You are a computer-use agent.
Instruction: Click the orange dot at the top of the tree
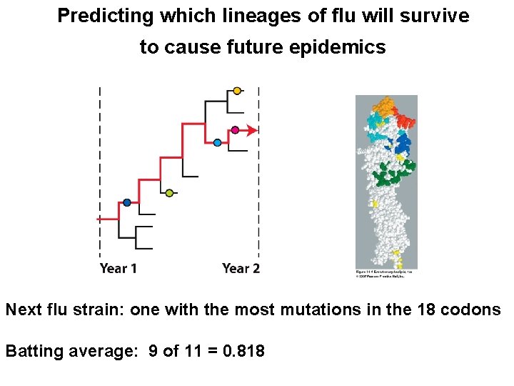[x=237, y=91]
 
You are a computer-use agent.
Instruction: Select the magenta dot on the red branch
[x=235, y=130]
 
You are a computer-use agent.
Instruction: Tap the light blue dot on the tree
[x=218, y=143]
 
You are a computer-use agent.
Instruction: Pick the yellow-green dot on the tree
[x=169, y=193]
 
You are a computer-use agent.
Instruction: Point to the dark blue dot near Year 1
[x=126, y=203]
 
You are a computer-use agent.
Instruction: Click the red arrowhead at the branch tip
[x=252, y=130]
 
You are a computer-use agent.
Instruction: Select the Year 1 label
[x=119, y=269]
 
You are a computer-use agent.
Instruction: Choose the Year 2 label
[x=241, y=269]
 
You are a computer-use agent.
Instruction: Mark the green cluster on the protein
[x=393, y=172]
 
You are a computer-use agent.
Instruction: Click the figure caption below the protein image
[x=385, y=273]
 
